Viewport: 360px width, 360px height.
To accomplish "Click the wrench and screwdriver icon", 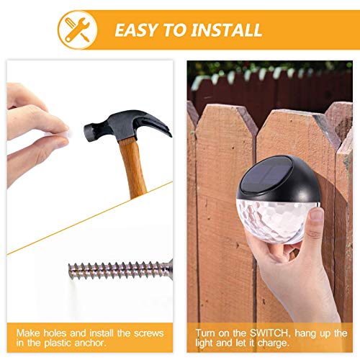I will point(76,30).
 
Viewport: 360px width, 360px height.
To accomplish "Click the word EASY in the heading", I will point(138,30).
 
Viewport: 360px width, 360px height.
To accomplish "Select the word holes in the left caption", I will point(52,333).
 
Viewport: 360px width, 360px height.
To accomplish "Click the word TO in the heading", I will point(176,30).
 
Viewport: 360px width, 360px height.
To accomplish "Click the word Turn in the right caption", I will point(207,333).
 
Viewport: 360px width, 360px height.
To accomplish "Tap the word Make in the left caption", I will point(24,333).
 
